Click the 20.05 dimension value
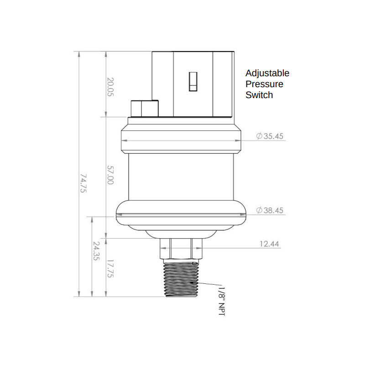click(110, 87)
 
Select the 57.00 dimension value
click(110, 175)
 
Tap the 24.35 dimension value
click(96, 251)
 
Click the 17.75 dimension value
click(110, 268)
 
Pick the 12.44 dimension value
click(269, 244)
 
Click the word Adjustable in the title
click(267, 73)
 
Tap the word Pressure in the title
click(264, 84)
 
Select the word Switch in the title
click(259, 95)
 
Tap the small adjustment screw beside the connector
click(143, 108)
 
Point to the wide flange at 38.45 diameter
click(182, 214)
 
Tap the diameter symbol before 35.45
click(259, 136)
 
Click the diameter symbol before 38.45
click(259, 210)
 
